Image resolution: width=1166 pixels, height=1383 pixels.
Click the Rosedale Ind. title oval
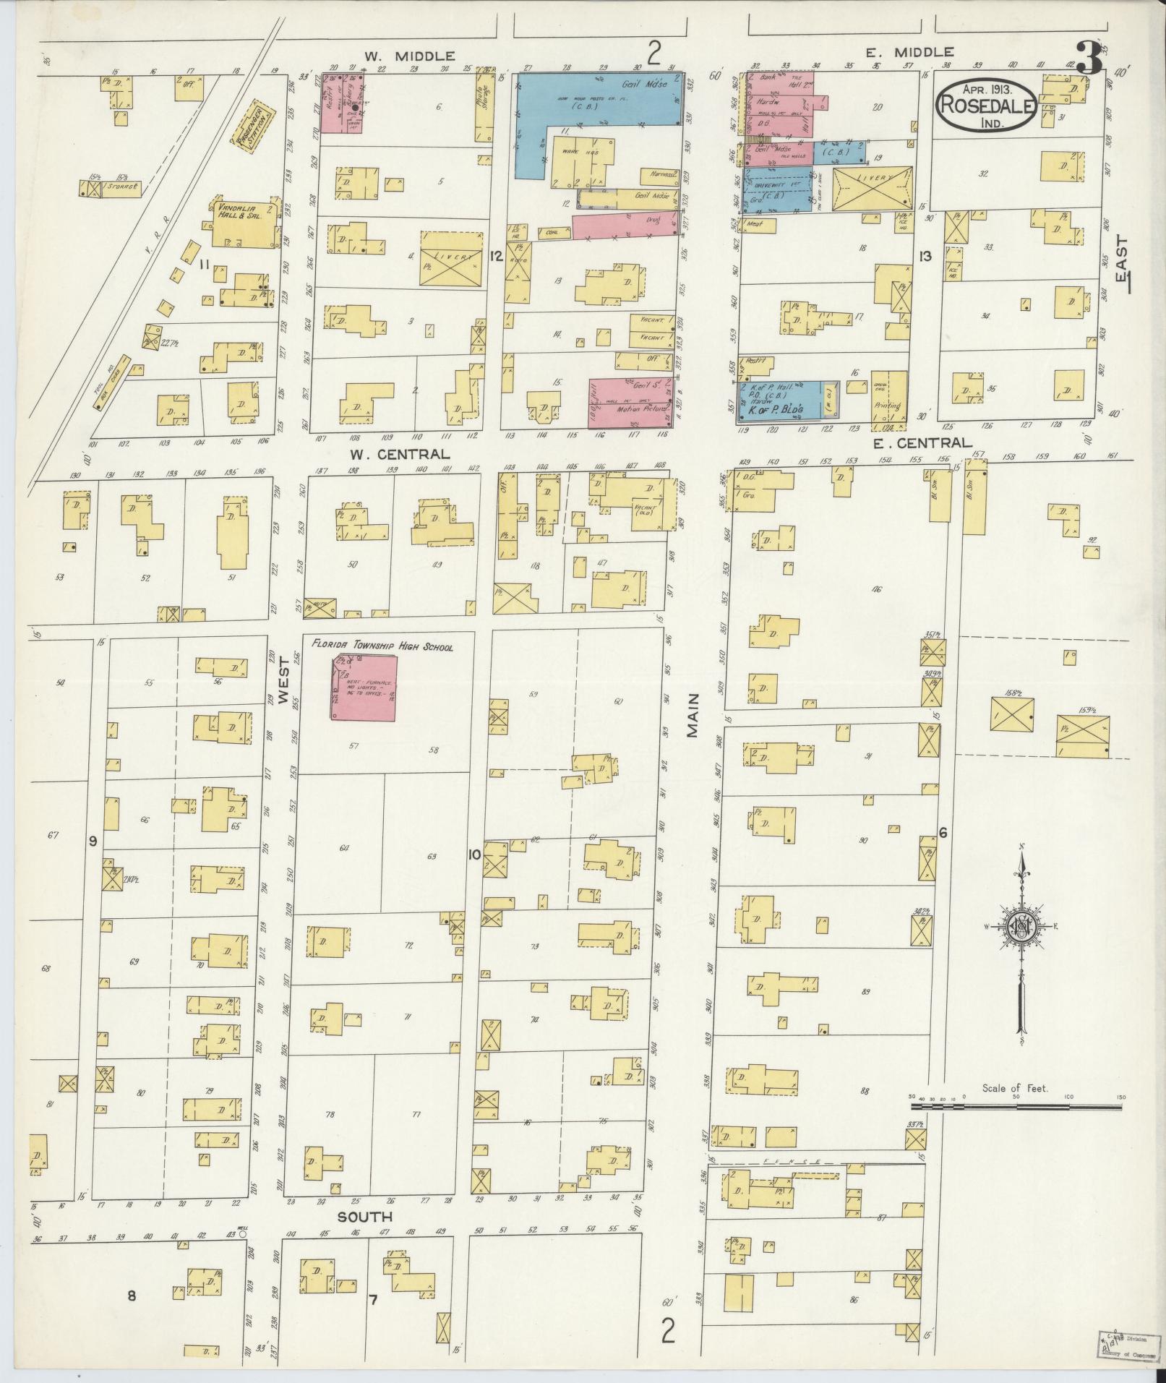click(x=986, y=105)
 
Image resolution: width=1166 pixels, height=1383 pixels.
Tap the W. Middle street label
click(x=408, y=56)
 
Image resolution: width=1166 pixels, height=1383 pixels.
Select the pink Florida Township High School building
click(x=364, y=686)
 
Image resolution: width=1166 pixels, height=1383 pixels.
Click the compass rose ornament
click(x=1021, y=927)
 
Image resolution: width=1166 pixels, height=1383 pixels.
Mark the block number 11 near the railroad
click(x=205, y=265)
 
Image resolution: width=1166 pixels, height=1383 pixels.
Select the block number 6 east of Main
click(x=943, y=833)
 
